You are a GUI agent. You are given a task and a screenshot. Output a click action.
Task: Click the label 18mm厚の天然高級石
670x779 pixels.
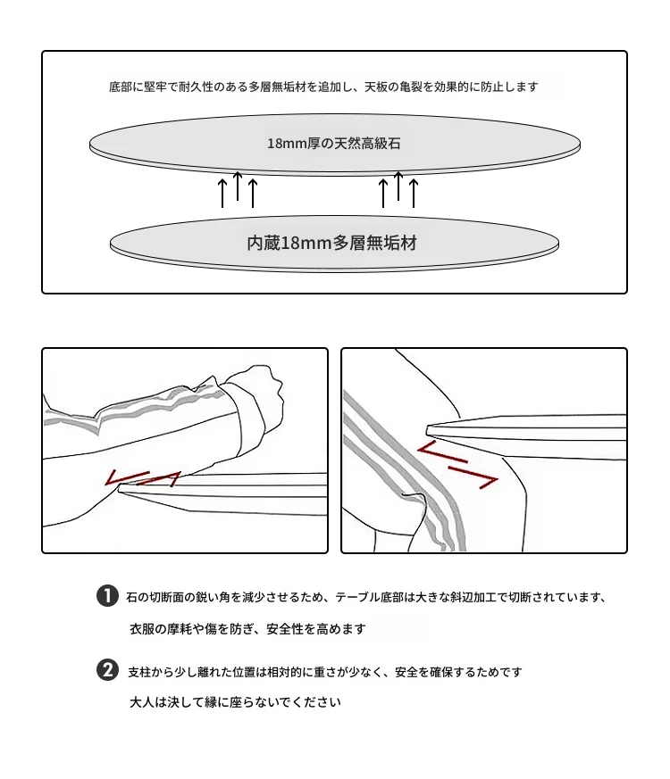[x=334, y=144]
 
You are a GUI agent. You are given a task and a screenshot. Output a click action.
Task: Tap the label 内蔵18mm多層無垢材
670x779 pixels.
[x=331, y=243]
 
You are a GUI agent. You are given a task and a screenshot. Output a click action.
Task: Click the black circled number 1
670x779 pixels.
[x=107, y=596]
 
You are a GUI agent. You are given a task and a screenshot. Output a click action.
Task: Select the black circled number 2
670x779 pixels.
[x=107, y=670]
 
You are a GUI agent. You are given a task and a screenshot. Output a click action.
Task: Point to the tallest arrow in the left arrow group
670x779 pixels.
[x=238, y=186]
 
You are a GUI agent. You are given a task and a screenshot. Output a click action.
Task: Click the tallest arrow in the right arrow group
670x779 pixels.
[x=398, y=186]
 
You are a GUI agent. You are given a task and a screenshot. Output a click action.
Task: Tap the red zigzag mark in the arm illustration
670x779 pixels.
[x=143, y=478]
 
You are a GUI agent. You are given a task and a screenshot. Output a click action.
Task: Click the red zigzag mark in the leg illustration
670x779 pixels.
[x=456, y=464]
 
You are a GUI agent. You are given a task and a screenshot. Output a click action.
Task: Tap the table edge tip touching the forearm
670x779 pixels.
[x=121, y=489]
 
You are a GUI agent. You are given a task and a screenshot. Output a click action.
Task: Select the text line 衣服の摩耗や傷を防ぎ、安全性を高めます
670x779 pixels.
[x=247, y=629]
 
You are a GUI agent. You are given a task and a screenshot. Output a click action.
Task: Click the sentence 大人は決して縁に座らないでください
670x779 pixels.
[x=235, y=702]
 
